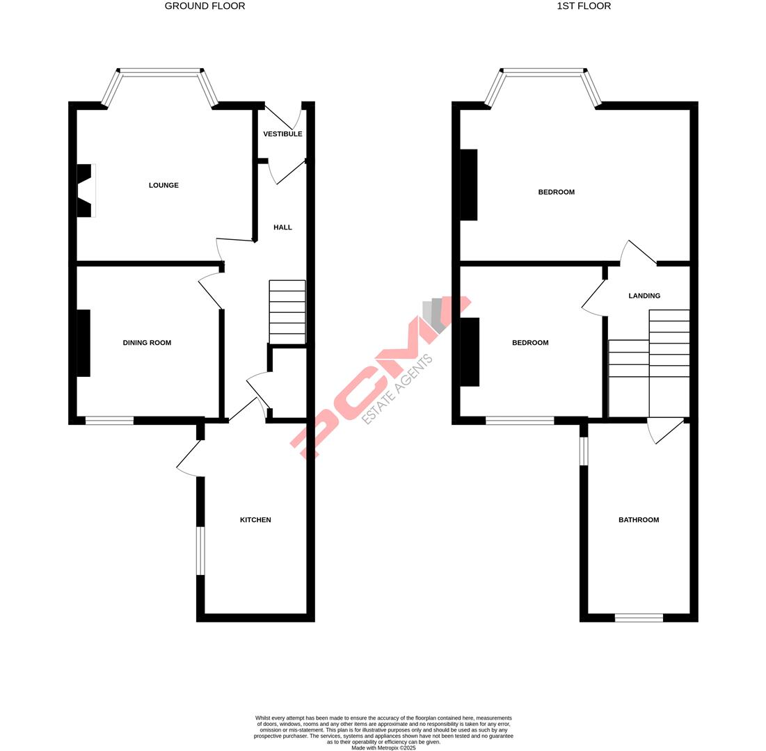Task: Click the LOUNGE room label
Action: [163, 186]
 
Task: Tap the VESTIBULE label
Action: [282, 134]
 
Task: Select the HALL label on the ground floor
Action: [282, 227]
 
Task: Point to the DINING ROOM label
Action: [147, 343]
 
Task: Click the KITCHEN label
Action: [255, 520]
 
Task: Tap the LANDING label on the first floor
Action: [644, 296]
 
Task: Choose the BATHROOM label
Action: [639, 520]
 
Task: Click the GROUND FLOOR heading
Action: [205, 6]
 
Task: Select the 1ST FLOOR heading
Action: [584, 6]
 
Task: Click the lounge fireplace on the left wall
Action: [84, 191]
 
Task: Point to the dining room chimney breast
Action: [83, 343]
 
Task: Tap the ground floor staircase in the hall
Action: [287, 312]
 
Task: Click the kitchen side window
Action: [200, 551]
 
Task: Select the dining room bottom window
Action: [109, 421]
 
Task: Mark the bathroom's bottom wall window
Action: [639, 617]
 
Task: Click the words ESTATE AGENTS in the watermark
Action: [397, 389]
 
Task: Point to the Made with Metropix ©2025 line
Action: [383, 748]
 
